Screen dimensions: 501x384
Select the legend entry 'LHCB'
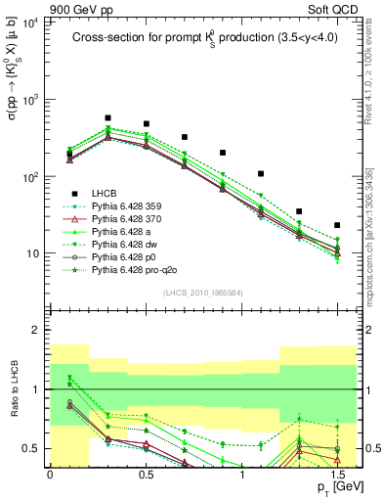[107, 192]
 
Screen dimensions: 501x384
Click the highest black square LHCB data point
[107, 117]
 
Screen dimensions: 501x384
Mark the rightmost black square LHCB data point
[337, 225]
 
